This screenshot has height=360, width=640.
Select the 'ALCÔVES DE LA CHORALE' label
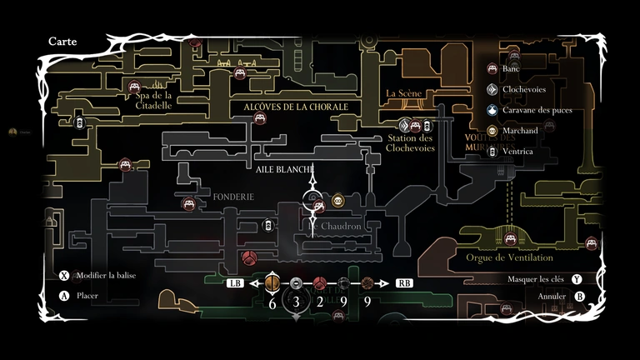(x=295, y=107)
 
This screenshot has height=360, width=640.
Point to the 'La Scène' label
(x=404, y=93)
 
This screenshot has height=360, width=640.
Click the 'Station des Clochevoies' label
(x=410, y=143)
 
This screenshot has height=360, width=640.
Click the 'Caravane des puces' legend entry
(x=537, y=110)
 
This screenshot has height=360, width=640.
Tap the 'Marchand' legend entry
(x=521, y=131)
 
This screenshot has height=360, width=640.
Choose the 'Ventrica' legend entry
(x=518, y=152)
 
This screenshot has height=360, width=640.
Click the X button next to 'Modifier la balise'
(x=64, y=276)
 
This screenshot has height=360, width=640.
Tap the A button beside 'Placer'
(x=64, y=295)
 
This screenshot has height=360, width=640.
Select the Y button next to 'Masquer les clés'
(x=576, y=279)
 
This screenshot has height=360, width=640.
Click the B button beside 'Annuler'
(x=580, y=296)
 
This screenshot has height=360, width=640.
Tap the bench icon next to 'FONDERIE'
(x=189, y=203)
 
